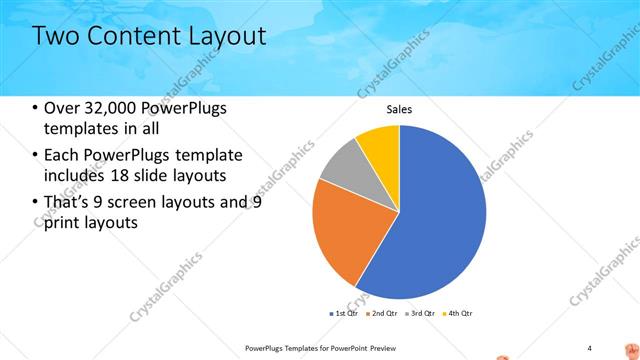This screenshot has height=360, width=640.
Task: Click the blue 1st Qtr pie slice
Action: pyautogui.click(x=440, y=210)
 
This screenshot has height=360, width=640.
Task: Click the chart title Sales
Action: pyautogui.click(x=399, y=110)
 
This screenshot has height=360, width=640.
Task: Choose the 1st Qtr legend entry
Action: pyautogui.click(x=348, y=313)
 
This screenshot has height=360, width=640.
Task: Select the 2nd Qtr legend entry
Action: pyautogui.click(x=385, y=313)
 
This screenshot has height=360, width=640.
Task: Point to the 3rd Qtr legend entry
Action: pyautogui.click(x=421, y=313)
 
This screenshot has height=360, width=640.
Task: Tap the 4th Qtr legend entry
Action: pyautogui.click(x=457, y=313)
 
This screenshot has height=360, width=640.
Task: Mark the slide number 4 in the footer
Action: pyautogui.click(x=589, y=347)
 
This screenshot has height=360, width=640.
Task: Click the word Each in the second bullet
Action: pyautogui.click(x=62, y=155)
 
